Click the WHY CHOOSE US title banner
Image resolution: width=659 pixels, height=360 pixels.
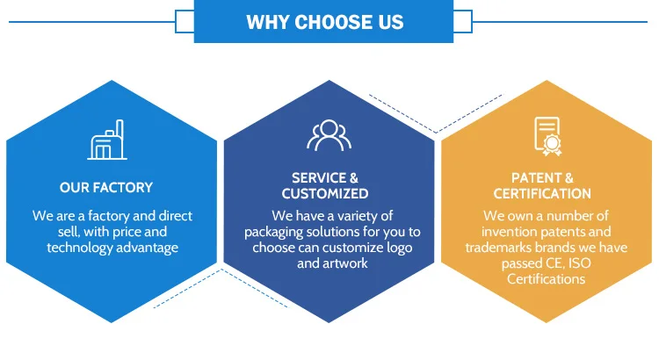coord(323,21)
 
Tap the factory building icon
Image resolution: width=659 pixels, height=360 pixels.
coord(107,140)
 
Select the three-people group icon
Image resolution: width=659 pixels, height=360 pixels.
coord(329,135)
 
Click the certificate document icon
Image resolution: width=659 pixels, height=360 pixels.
coord(547,136)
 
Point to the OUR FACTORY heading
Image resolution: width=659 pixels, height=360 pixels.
coord(106,187)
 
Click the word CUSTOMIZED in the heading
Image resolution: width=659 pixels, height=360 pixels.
coord(325,194)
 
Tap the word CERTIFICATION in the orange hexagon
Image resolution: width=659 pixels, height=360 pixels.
coord(542,194)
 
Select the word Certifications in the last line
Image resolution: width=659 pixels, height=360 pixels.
coord(546,279)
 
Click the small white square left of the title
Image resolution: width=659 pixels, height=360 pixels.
coord(185,21)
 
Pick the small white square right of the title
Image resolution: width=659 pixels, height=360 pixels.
coord(463,21)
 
